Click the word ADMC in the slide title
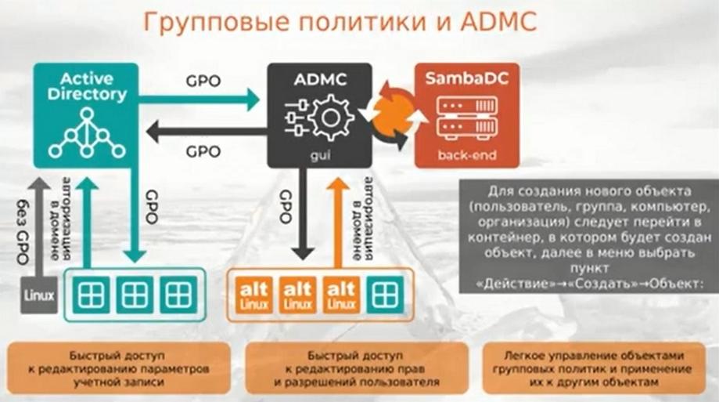point(498,22)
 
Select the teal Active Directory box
point(86,115)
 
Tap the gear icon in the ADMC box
point(330,118)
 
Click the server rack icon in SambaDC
point(467,118)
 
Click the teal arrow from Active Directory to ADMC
point(199,100)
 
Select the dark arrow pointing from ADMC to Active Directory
point(207,132)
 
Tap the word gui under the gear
point(320,156)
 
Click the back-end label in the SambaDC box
point(467,155)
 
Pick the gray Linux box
point(39,295)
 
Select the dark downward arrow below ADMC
point(303,214)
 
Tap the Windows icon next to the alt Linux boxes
point(385,294)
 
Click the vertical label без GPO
point(23,231)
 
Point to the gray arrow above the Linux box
point(39,227)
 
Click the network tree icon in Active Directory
point(87,133)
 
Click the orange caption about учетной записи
point(119,368)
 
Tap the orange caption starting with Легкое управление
point(594,368)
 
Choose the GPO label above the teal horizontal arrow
point(203,81)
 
